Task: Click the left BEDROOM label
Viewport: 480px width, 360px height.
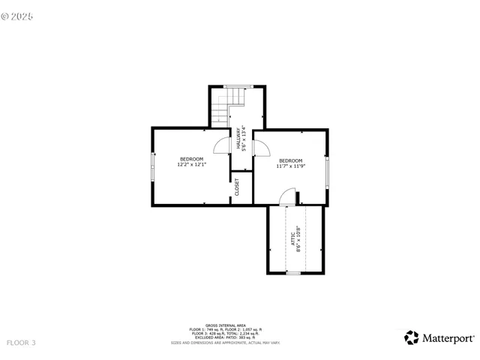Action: tap(191, 159)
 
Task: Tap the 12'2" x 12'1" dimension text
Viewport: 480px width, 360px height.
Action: tap(191, 165)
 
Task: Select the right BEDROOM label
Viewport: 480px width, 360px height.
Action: tap(290, 160)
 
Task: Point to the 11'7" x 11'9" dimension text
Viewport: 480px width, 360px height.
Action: tap(290, 166)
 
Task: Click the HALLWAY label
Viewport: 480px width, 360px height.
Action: tap(238, 139)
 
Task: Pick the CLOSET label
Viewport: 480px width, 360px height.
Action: tap(237, 187)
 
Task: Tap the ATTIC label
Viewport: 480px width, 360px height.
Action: tap(292, 238)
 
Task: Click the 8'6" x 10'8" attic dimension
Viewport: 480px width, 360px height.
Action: tap(298, 238)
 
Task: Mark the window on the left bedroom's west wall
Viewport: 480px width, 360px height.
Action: tap(153, 166)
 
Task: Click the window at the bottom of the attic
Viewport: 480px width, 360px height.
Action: tap(293, 274)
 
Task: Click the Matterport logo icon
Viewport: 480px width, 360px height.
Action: tap(411, 337)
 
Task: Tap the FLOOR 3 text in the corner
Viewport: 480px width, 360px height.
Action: tap(20, 343)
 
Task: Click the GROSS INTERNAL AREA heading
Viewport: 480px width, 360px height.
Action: tap(225, 325)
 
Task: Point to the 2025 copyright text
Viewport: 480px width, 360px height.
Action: tap(18, 15)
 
